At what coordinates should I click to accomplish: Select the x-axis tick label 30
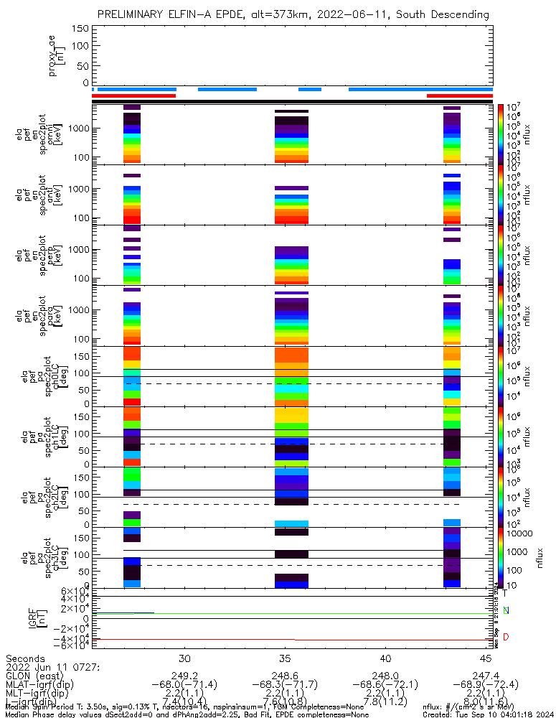[184, 658]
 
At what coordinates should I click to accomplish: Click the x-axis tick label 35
[285, 658]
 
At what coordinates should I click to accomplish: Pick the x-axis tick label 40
[385, 658]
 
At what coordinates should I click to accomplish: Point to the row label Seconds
[26, 658]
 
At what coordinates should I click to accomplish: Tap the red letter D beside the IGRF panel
[506, 637]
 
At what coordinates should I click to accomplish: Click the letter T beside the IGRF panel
[505, 593]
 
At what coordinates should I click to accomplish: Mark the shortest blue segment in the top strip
[310, 89]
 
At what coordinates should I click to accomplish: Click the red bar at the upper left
[134, 95]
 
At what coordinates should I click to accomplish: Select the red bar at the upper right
[459, 95]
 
